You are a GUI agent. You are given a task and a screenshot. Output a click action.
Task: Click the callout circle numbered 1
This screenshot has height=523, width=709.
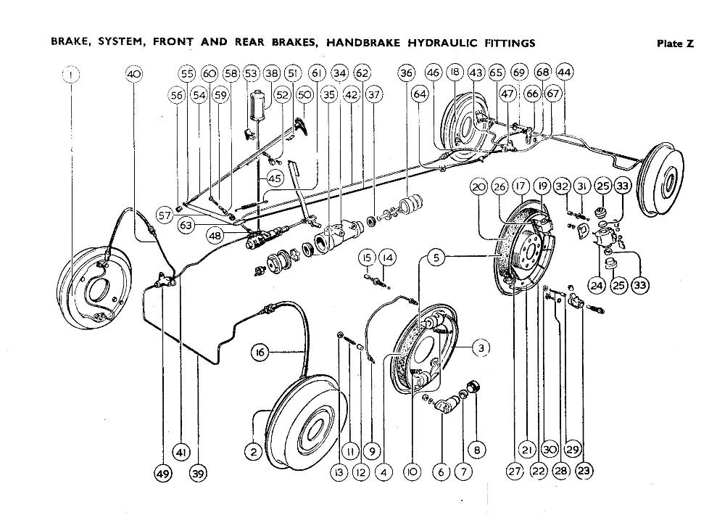(71, 73)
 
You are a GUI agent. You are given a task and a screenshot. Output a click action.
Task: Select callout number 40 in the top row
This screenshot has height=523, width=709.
(134, 73)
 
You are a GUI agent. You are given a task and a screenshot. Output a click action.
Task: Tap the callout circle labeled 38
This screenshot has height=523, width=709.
(271, 73)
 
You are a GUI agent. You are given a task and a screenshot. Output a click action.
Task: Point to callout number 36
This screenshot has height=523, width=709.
(407, 73)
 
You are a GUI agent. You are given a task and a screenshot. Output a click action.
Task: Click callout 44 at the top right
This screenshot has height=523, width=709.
(564, 73)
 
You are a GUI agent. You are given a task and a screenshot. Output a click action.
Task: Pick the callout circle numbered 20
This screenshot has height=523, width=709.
(478, 186)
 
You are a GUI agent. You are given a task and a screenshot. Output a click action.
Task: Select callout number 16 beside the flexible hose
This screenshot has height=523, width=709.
(260, 353)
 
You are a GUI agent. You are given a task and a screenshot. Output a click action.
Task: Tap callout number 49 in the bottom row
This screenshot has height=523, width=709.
(163, 473)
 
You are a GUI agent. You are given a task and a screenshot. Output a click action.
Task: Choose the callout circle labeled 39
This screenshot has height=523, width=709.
(198, 473)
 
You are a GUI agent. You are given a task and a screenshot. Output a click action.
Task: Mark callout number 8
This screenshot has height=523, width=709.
(476, 450)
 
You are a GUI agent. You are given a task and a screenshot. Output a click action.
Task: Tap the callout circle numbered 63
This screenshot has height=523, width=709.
(186, 226)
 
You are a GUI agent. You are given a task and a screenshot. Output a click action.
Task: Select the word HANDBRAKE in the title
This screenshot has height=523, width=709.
(362, 43)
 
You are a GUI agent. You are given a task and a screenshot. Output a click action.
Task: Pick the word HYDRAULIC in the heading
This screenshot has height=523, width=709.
(439, 43)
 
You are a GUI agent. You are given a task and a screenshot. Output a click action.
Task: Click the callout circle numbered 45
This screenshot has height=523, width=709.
(275, 178)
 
